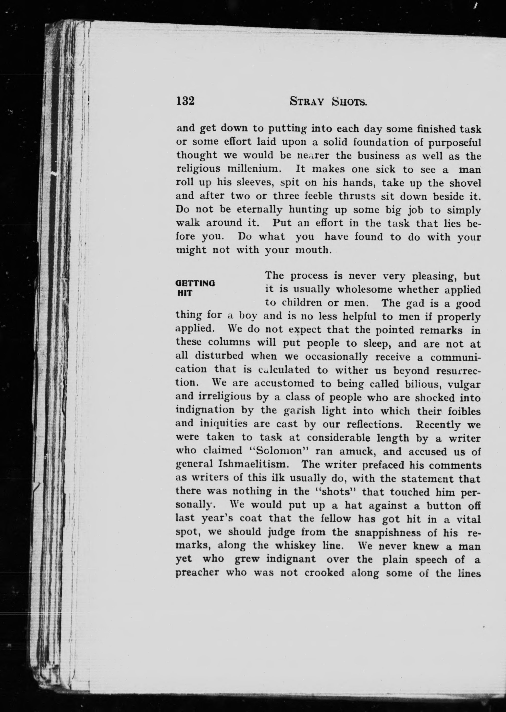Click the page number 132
(x=185, y=101)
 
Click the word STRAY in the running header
(x=307, y=102)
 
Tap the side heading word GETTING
(x=195, y=284)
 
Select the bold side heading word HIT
(x=185, y=293)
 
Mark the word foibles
(x=464, y=411)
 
